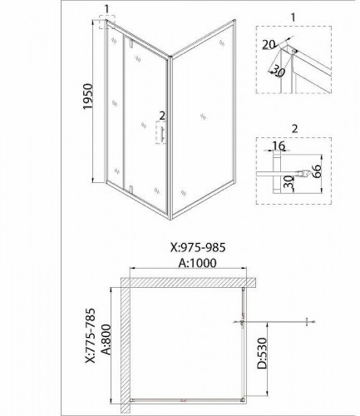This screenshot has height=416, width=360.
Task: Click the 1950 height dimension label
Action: (88, 97)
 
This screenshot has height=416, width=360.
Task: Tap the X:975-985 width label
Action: (198, 248)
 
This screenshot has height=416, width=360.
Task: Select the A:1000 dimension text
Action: (197, 263)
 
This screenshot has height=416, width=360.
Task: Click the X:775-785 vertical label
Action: (91, 335)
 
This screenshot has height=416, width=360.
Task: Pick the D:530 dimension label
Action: (262, 353)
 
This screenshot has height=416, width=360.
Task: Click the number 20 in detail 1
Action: (269, 44)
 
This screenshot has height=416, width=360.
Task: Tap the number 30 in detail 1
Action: (278, 71)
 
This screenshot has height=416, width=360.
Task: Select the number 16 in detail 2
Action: (279, 146)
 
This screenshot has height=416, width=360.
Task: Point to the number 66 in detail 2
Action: (316, 171)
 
